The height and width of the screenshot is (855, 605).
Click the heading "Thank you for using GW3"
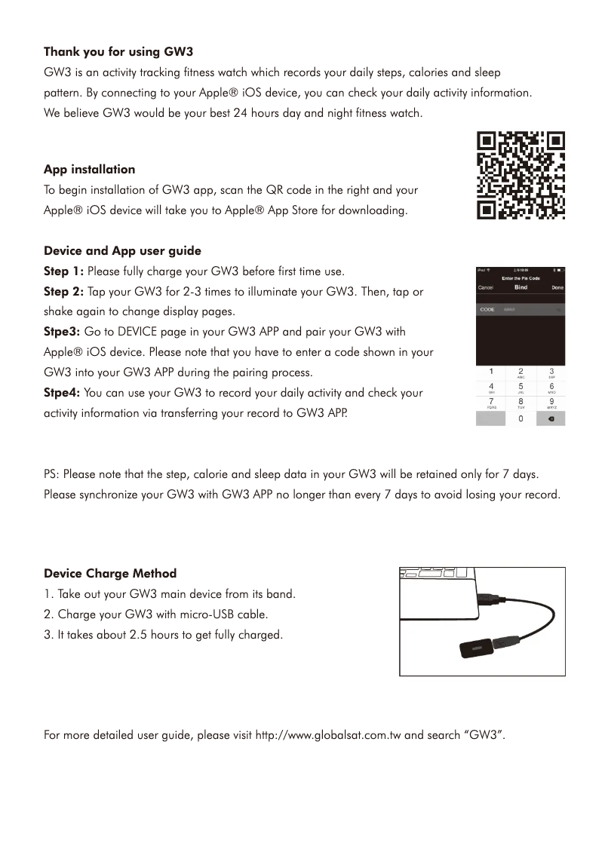pos(118,53)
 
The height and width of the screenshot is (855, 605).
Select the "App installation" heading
pos(89,170)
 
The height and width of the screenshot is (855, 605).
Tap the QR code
pos(521,176)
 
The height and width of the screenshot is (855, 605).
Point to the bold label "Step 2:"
pos(64,292)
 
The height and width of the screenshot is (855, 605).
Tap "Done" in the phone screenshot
pos(557,287)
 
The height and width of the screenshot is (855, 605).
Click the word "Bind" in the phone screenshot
pos(521,287)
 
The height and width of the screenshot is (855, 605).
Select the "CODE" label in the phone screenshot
pos(487,310)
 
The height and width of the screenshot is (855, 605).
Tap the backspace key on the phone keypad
pos(551,420)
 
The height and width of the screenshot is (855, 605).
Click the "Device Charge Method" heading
pos(110,574)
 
